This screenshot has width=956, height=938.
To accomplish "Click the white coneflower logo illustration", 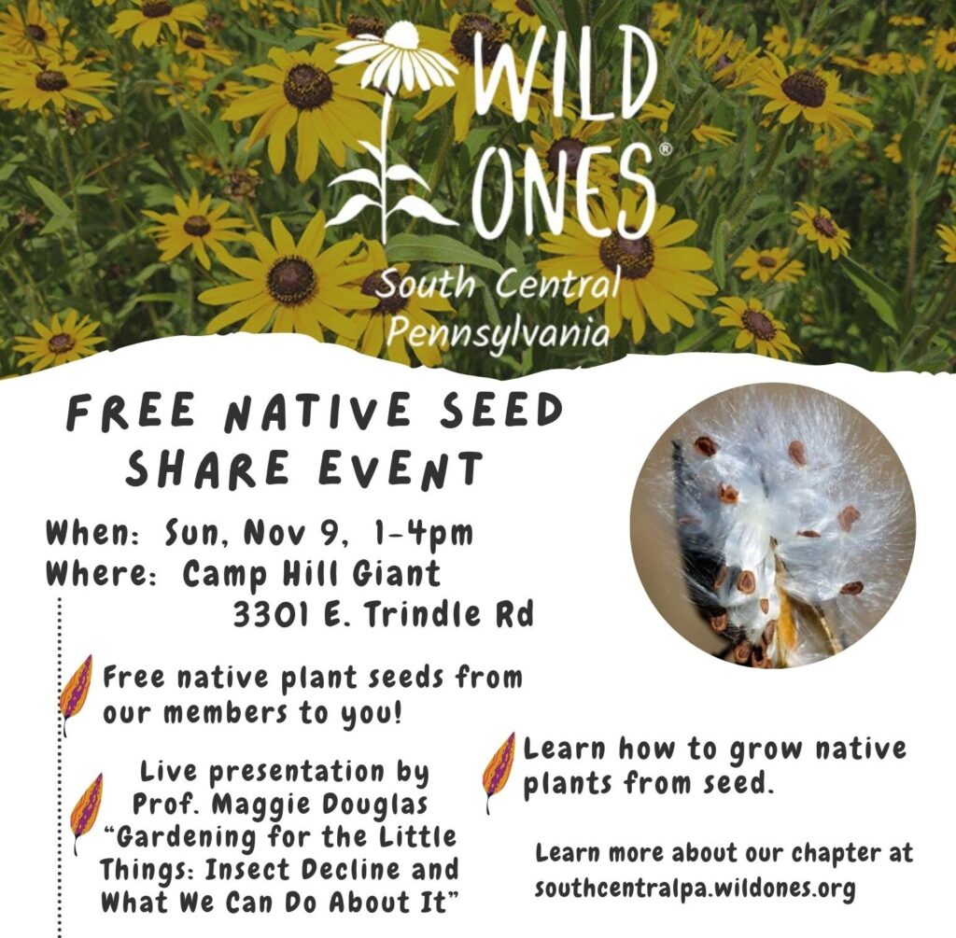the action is [x=390, y=131].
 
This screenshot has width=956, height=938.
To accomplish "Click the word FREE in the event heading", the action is [x=130, y=413].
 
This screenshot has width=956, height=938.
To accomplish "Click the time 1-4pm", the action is [x=422, y=533].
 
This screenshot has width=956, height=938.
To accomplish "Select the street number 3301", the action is [x=272, y=614].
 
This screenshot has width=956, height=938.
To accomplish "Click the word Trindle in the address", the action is [x=420, y=614].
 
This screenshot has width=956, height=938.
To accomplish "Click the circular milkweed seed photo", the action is [x=772, y=525].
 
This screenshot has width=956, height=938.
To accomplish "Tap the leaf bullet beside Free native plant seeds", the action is [x=77, y=693].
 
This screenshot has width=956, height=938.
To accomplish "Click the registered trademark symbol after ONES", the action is [x=666, y=149].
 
